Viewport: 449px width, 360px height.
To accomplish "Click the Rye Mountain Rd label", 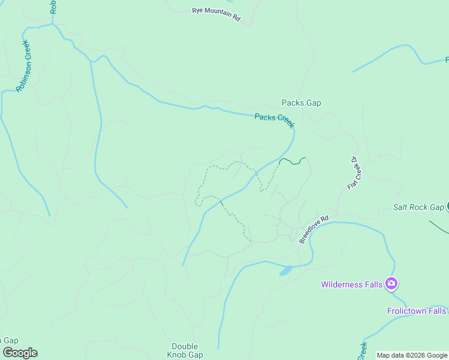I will [216, 14].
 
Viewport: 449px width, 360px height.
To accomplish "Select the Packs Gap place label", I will [301, 103].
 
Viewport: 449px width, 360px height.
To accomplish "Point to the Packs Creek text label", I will [274, 120].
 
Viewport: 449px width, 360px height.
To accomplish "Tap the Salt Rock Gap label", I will [418, 207].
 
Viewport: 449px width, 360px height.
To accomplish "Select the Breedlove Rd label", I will [314, 229].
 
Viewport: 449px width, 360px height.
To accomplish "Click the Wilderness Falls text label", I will [352, 284].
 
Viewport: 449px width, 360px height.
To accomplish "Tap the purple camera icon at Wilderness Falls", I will [391, 283].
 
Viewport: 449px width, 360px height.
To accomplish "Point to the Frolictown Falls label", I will [417, 311].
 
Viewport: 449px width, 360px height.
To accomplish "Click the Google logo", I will [20, 353].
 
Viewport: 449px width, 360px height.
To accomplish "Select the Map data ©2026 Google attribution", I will [412, 356].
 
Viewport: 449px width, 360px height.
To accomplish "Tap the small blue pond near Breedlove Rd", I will [286, 271].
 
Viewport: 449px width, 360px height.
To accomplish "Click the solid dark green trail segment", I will [293, 161].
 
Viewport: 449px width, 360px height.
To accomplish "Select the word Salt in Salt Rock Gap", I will [401, 207].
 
